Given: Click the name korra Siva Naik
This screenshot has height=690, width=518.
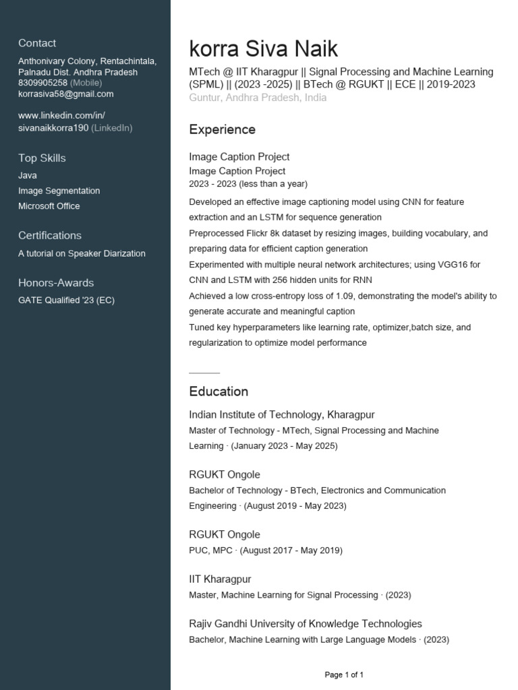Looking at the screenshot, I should click(x=264, y=49).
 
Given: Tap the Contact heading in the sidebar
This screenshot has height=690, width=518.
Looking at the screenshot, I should click(x=37, y=43).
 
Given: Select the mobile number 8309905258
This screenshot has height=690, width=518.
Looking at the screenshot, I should click(x=42, y=83).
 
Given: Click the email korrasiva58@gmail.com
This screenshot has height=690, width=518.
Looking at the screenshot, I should click(x=66, y=94).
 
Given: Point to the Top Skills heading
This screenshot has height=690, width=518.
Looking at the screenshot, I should click(x=42, y=158).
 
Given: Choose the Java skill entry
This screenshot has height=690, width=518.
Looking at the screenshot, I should click(x=28, y=175).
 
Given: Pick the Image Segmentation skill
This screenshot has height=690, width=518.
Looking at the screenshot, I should click(x=59, y=191).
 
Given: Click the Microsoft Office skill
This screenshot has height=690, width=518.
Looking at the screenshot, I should click(x=49, y=206).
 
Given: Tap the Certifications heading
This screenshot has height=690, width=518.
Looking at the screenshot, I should click(x=50, y=235).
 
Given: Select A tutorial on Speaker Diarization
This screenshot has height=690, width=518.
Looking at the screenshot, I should click(x=82, y=253).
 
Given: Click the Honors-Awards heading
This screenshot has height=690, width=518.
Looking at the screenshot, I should click(x=56, y=282).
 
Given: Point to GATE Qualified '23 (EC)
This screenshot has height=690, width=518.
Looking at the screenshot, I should click(x=66, y=301).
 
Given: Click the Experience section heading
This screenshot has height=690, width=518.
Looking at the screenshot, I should click(x=222, y=129).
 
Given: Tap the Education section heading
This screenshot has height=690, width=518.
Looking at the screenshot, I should click(x=219, y=391).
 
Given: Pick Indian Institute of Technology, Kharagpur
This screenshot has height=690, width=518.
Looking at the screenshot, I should click(x=282, y=414).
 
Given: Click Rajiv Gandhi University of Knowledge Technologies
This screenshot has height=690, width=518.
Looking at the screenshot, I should click(x=306, y=623).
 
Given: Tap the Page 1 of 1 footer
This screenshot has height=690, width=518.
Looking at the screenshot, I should click(x=344, y=675).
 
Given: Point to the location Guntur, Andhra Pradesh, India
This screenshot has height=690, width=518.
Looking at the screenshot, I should click(x=258, y=98).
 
